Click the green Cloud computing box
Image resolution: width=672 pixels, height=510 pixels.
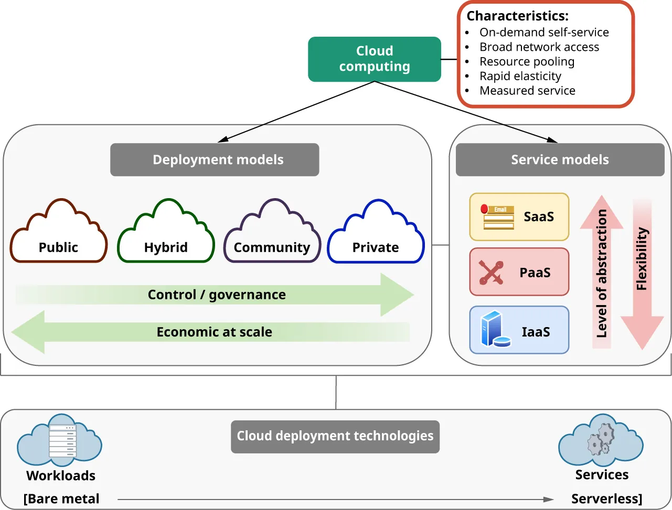374,59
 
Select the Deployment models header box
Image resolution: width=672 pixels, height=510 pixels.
215,160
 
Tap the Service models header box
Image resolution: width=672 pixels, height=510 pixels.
560,160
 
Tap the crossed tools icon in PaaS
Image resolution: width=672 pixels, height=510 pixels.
491,273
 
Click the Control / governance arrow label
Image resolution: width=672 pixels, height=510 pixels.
217,295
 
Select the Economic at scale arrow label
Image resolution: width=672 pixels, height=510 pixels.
214,332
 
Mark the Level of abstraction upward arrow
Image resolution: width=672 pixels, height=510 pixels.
602,273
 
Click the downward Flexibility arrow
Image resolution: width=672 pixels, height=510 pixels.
642,273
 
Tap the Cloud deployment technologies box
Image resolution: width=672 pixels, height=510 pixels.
335,436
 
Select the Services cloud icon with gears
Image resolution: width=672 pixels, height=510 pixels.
601,441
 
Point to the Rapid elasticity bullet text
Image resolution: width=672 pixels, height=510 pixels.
520,76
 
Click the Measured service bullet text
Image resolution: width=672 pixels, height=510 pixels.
527,91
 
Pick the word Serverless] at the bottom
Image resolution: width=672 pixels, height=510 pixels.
606,498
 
